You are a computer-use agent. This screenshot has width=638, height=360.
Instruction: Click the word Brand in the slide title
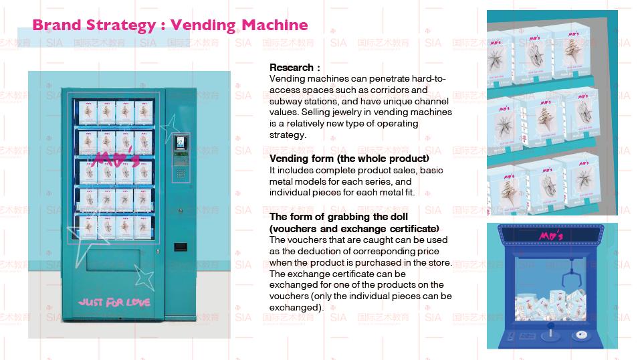click(56, 25)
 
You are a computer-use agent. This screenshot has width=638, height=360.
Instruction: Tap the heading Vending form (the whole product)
click(349, 159)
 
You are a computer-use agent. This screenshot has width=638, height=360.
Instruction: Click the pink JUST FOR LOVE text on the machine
click(114, 302)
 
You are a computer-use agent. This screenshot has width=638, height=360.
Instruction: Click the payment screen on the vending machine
click(179, 143)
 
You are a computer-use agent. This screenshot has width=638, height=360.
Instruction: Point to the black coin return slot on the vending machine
click(180, 246)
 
